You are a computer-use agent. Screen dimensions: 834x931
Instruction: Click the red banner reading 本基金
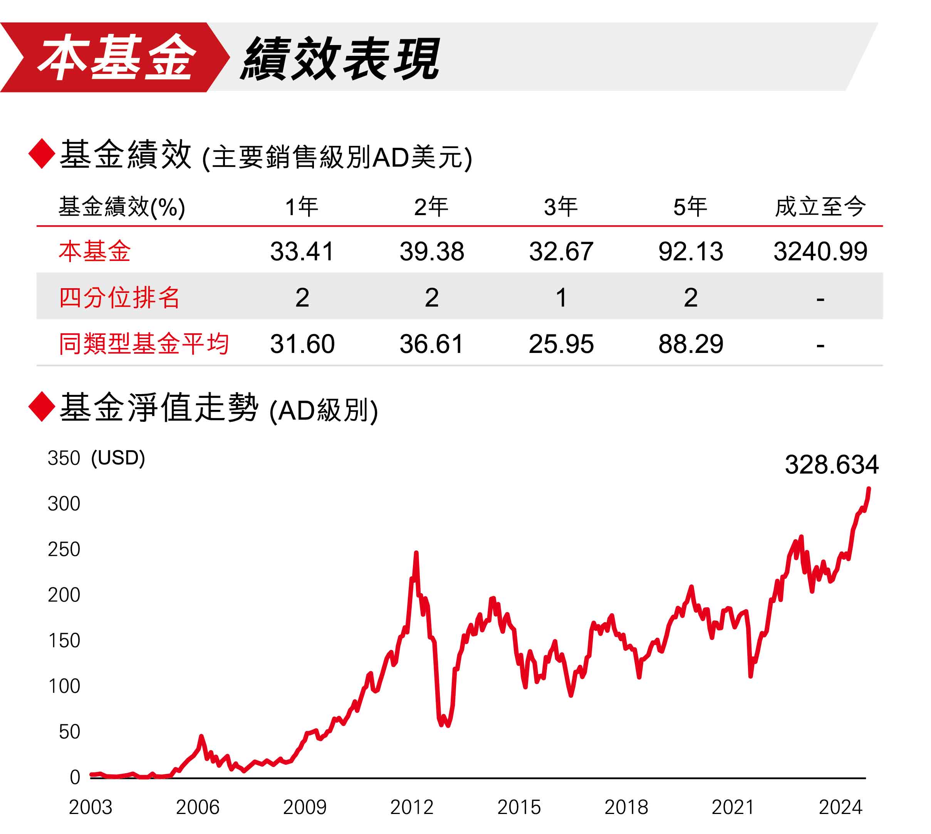[x=115, y=57]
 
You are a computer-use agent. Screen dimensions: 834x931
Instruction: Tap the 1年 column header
[x=301, y=207]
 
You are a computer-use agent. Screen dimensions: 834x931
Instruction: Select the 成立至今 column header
[x=820, y=207]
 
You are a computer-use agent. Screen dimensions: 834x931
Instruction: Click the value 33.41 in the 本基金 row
[x=302, y=252]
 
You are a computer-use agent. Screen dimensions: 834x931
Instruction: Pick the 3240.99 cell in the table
[x=820, y=252]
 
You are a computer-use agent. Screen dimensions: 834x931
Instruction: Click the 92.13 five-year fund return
[x=690, y=252]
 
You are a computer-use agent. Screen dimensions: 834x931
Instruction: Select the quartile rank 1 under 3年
[x=561, y=298]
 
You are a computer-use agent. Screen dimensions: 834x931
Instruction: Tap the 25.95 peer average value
[x=561, y=344]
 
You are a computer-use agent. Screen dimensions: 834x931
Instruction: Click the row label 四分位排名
[x=119, y=298]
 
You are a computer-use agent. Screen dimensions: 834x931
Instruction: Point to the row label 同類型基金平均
[x=144, y=344]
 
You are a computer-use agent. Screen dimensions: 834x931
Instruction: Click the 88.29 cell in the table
[x=690, y=344]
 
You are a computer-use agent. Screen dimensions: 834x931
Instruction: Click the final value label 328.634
[x=831, y=465]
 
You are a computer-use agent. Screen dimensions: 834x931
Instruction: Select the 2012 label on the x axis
[x=411, y=807]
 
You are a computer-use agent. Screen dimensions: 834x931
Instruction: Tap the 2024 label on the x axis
[x=840, y=807]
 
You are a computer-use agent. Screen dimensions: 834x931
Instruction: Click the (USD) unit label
[x=118, y=458]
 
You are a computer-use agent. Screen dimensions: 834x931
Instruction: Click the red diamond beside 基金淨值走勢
[x=42, y=407]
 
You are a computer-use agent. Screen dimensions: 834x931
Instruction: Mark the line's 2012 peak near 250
[x=416, y=553]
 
